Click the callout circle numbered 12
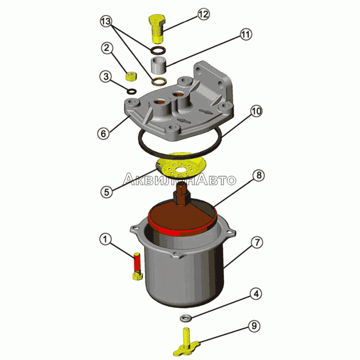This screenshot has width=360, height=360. click(x=203, y=14)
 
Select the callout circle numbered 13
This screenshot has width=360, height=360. click(x=106, y=21)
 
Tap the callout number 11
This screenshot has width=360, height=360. click(x=246, y=35)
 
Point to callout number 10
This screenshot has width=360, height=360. click(x=256, y=111)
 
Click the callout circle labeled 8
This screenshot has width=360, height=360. click(x=259, y=175)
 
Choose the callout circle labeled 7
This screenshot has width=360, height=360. click(x=257, y=243)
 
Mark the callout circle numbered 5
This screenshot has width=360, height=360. click(x=107, y=192)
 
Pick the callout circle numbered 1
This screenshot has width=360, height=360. click(x=105, y=239)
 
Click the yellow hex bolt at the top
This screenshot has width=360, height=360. click(x=157, y=29)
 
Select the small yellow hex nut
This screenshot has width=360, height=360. click(x=131, y=76)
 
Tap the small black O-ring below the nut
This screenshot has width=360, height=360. click(x=131, y=91)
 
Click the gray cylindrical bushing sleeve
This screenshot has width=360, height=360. click(x=158, y=66)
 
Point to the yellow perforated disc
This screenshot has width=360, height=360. click(x=181, y=166)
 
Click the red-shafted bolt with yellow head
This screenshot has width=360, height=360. click(x=137, y=266)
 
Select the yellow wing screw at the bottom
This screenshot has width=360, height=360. click(x=186, y=342)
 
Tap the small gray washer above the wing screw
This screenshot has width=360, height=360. click(x=185, y=318)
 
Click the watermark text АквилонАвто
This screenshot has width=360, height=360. click(x=179, y=179)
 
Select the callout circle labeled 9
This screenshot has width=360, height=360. click(x=254, y=326)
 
